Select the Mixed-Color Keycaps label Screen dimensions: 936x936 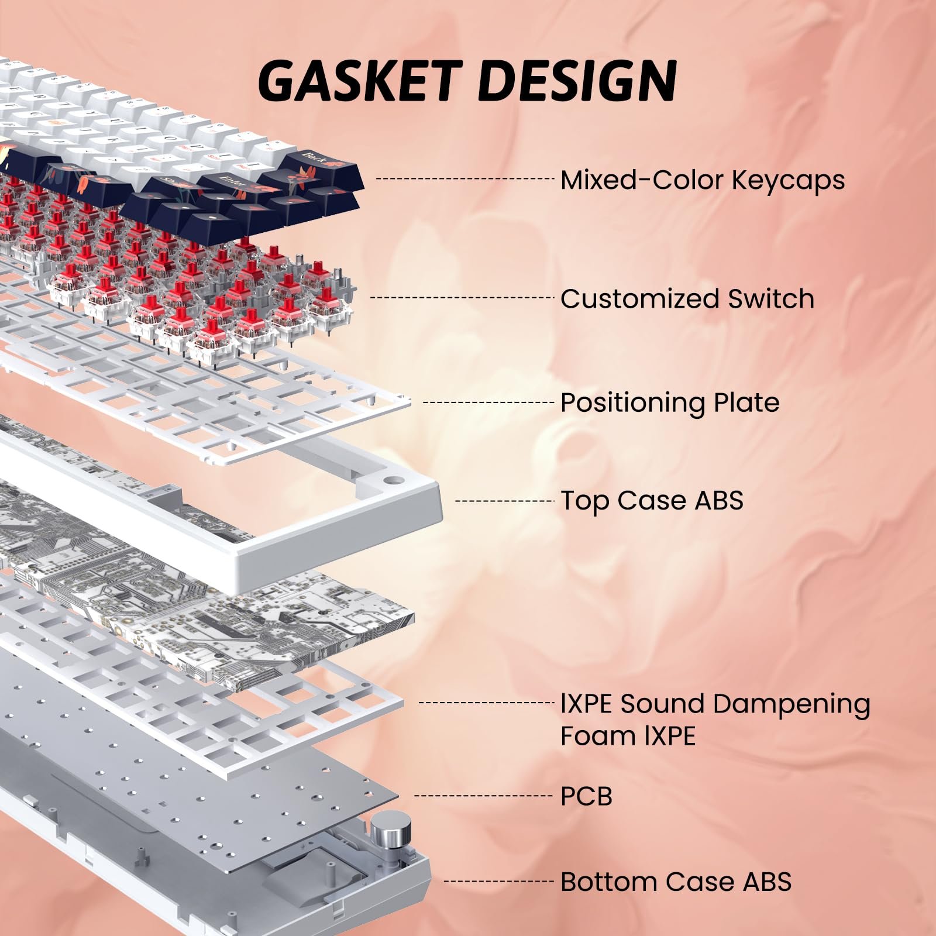[x=702, y=180]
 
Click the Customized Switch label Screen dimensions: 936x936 [x=687, y=298]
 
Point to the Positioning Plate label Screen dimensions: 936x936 [x=670, y=402]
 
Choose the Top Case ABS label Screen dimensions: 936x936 [x=652, y=501]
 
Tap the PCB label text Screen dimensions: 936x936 [x=586, y=796]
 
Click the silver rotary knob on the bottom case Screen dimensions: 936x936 [x=386, y=830]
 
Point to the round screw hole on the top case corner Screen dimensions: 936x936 [x=393, y=481]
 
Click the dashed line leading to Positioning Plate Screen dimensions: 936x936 [x=488, y=402]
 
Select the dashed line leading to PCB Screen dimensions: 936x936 [x=483, y=796]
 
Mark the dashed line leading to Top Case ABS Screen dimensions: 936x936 [x=504, y=501]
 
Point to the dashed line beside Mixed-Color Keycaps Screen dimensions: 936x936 [x=464, y=178]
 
